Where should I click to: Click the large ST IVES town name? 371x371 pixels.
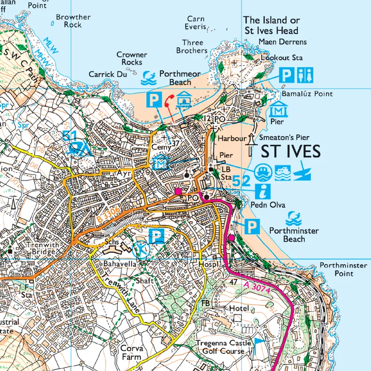click(290, 152)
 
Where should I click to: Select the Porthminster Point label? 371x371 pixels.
click(343, 269)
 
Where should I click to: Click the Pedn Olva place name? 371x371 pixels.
click(269, 205)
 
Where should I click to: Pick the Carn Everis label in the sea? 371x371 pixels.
click(195, 23)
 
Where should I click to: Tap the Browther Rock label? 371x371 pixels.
click(73, 21)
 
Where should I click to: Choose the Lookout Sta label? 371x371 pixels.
click(281, 58)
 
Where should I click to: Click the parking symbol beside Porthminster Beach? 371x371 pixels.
click(251, 227)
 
